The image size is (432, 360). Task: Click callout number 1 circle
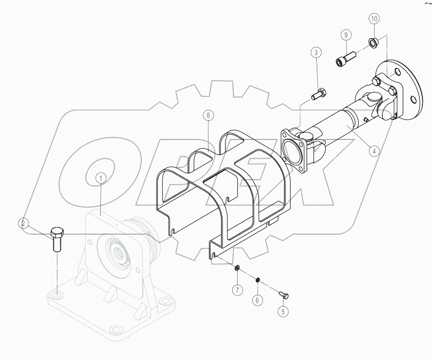(x=101, y=178)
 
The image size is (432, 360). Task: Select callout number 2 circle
(x=23, y=223)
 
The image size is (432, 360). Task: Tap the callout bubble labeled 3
(x=316, y=52)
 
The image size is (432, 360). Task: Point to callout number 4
(x=374, y=150)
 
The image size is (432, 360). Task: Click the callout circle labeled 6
(x=258, y=300)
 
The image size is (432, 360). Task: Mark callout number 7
(x=236, y=290)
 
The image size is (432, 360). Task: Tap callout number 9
(x=345, y=35)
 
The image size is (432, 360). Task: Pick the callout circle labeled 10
(x=374, y=19)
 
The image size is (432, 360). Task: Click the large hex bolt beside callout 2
(x=56, y=240)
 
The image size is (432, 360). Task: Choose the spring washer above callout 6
(x=257, y=280)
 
